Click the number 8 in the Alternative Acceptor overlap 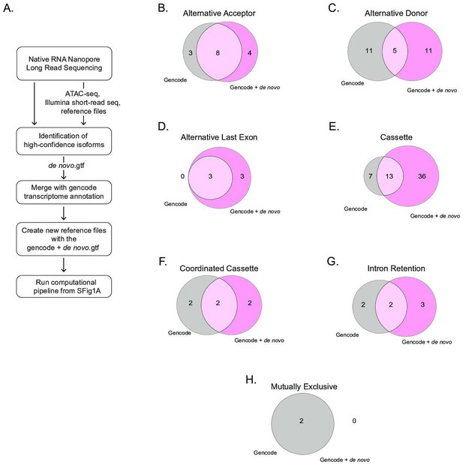point(218,52)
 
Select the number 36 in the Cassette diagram point(422,176)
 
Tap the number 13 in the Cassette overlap point(389,176)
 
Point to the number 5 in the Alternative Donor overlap point(395,51)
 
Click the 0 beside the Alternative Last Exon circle point(182,176)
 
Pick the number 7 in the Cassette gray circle point(370,176)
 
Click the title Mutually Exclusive point(304,386)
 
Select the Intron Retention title point(396,268)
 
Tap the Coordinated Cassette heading point(219,268)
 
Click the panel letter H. point(251,379)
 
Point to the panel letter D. point(163,127)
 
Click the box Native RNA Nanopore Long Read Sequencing point(64,64)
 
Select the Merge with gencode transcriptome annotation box point(64,192)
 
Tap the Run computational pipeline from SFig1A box point(64,286)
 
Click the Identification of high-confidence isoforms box point(64,141)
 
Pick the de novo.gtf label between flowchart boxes point(67,165)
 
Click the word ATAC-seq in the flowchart point(83,94)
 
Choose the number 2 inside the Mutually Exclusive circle point(301,421)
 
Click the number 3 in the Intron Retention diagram point(422,304)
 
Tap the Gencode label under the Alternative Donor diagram point(352,83)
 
